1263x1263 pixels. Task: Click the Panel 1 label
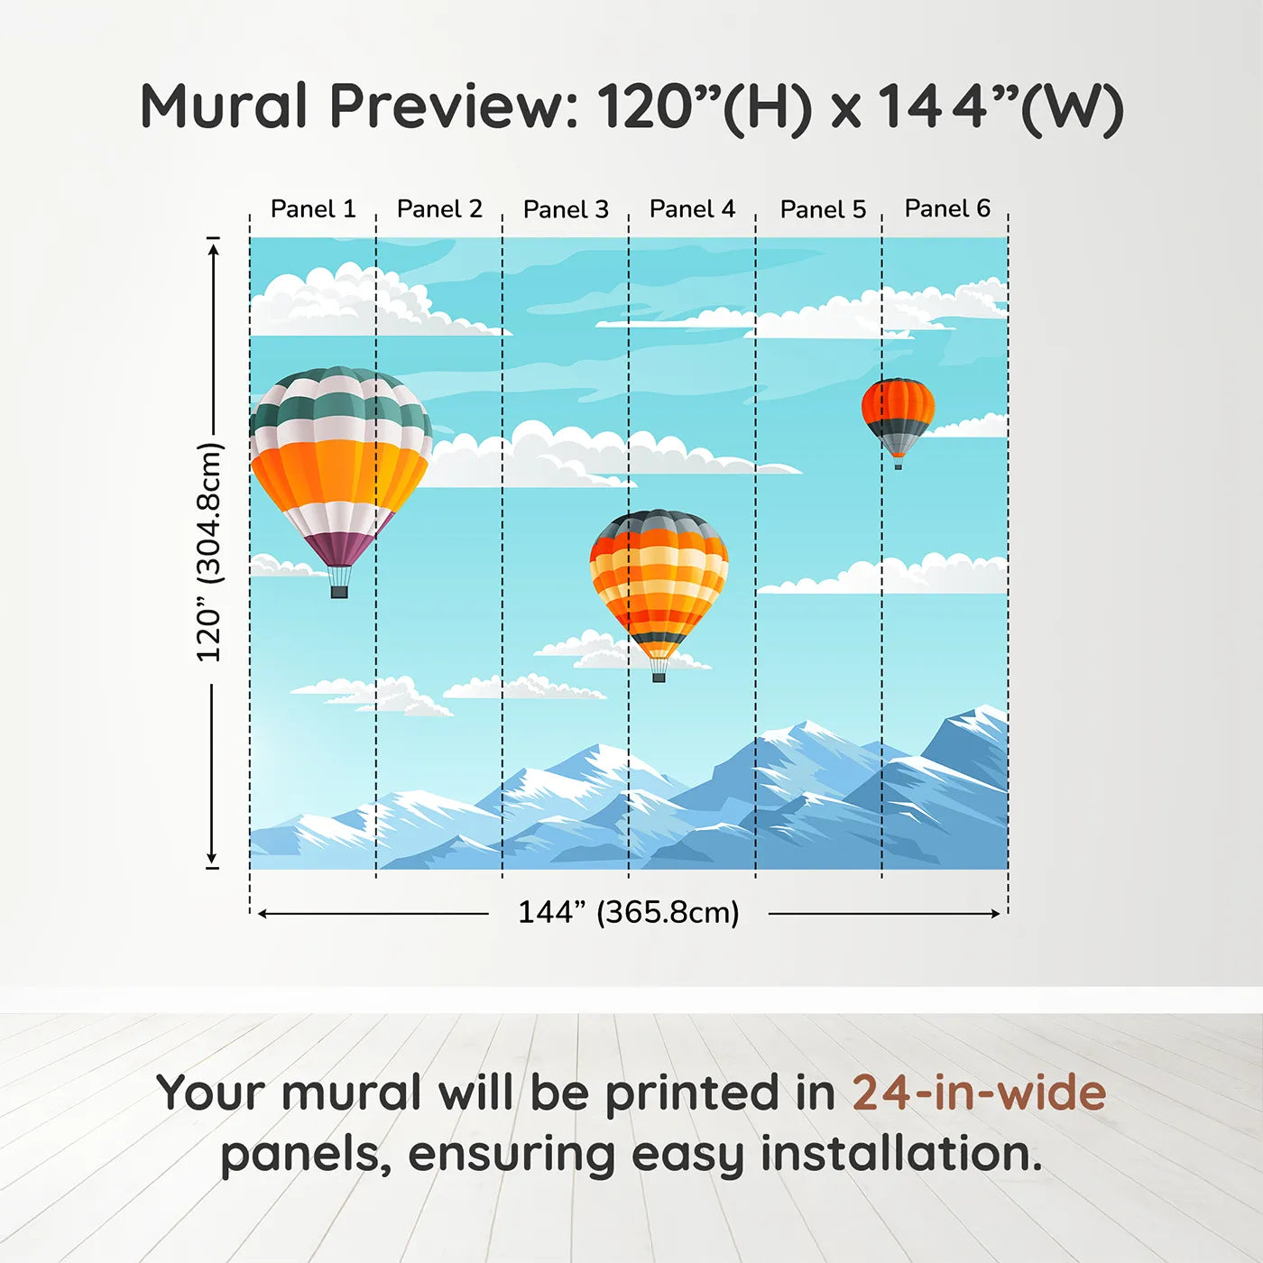tap(313, 209)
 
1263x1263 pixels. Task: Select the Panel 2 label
tap(439, 209)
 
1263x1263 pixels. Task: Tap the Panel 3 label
tap(566, 209)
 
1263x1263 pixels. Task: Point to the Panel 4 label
tap(692, 209)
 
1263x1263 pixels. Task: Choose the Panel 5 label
tap(823, 209)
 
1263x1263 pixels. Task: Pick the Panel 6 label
tap(947, 208)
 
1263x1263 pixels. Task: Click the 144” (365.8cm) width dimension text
tap(628, 912)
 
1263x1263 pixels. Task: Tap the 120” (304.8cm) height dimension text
tap(209, 552)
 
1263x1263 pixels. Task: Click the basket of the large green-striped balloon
tap(339, 592)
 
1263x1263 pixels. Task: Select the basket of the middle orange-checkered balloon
tap(659, 676)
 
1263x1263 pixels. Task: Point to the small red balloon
tap(898, 415)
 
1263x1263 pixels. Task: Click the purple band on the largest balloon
tap(339, 547)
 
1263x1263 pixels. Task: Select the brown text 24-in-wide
tap(979, 1092)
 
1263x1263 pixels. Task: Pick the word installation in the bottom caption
tap(899, 1154)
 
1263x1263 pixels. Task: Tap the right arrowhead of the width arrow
tap(995, 914)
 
